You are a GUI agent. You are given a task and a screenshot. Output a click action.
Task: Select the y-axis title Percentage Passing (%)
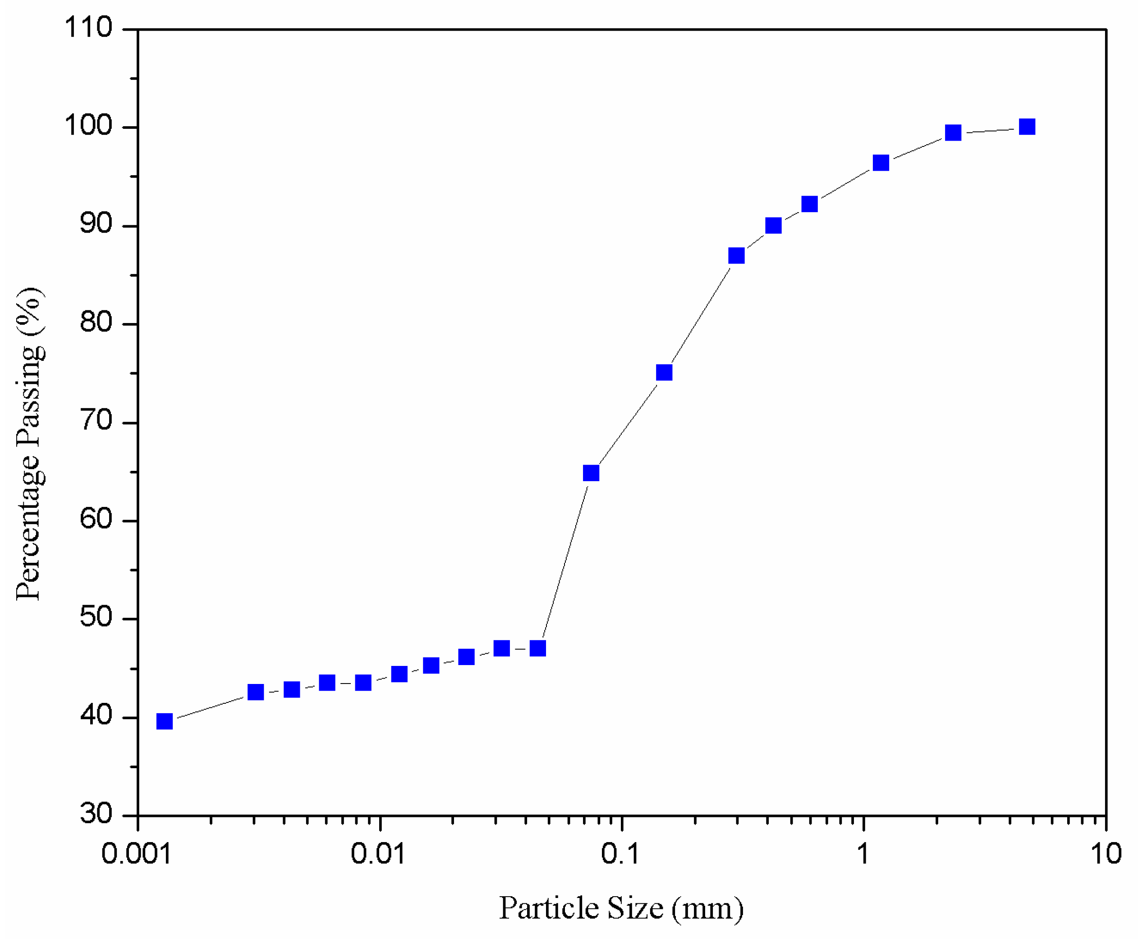(29, 443)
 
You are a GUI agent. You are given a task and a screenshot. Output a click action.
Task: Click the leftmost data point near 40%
(165, 721)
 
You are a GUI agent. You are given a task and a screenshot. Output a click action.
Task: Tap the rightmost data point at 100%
(1027, 127)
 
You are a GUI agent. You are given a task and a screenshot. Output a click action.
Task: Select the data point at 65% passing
(591, 473)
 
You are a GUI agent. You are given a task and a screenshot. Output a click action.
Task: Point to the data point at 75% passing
(664, 372)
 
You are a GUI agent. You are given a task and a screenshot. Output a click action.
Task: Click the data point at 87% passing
(736, 255)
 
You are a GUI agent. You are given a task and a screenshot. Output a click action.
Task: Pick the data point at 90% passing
(773, 225)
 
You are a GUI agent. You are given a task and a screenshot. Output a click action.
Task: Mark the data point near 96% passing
(881, 162)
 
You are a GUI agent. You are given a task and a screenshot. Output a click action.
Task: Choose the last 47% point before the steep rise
(537, 648)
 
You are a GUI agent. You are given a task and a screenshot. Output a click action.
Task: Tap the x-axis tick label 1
(863, 855)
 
